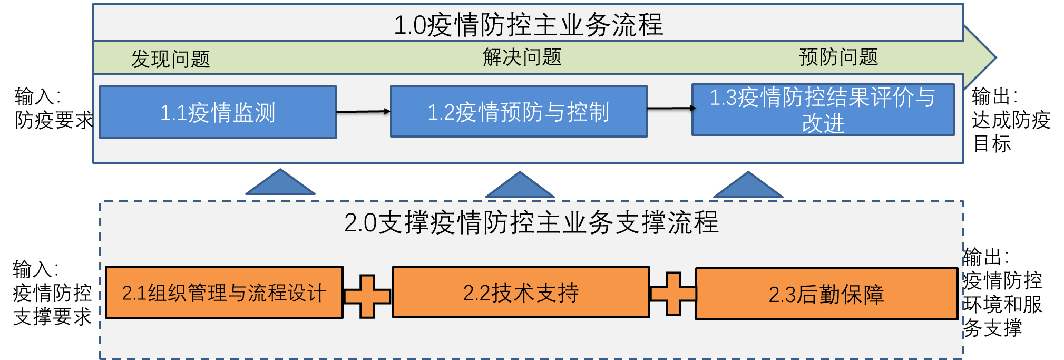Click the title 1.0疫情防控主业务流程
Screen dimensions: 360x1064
pos(528,25)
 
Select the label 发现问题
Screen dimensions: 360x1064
pos(170,59)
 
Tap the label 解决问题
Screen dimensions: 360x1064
pos(522,57)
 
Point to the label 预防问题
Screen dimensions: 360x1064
pos(838,57)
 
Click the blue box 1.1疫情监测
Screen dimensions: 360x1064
pos(218,112)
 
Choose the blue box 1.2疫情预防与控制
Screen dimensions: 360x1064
pos(519,112)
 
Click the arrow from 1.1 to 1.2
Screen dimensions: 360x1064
pos(363,112)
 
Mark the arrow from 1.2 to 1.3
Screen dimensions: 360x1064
pos(670,109)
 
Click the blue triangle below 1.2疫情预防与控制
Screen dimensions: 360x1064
pos(520,187)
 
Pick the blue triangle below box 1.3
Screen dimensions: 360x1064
pos(748,187)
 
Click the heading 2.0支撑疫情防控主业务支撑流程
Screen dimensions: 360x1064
pos(531,222)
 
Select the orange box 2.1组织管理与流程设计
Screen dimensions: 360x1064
pos(224,293)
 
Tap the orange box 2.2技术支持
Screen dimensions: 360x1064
pos(521,293)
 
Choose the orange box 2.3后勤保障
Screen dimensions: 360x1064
pos(826,294)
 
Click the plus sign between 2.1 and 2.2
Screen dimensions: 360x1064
pos(367,296)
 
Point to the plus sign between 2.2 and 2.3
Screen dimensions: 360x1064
pos(673,294)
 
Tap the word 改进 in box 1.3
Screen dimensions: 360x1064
pos(823,124)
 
